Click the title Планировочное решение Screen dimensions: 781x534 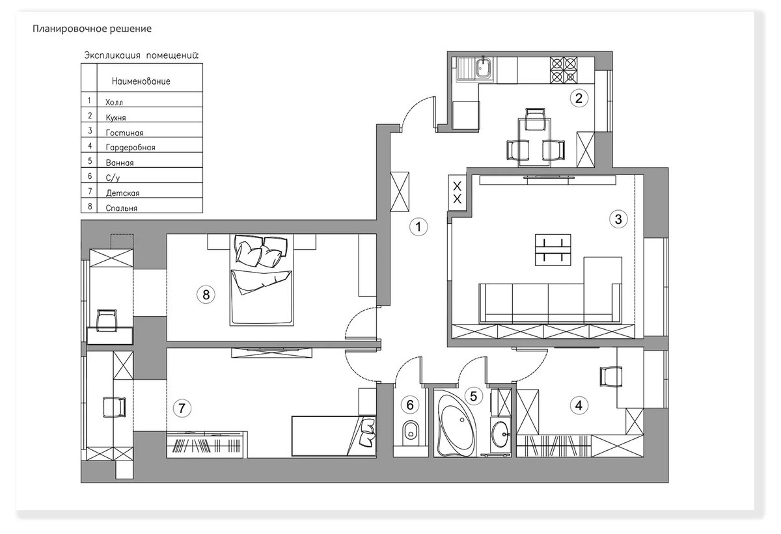(x=92, y=29)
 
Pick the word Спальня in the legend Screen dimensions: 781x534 (x=121, y=208)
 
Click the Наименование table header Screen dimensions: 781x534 (x=141, y=81)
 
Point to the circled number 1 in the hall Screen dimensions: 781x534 (x=418, y=227)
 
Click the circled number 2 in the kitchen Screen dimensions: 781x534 (x=579, y=98)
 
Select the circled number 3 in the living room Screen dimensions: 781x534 (x=618, y=219)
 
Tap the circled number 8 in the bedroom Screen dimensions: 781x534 (x=206, y=295)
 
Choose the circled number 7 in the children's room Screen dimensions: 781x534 (x=182, y=408)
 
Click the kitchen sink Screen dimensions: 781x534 (x=484, y=68)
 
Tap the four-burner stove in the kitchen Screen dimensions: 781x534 (x=564, y=71)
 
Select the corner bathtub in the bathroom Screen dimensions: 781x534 (x=456, y=423)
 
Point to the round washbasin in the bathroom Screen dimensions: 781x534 (x=500, y=434)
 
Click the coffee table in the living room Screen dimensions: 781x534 (x=553, y=250)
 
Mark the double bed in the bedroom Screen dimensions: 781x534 (x=262, y=280)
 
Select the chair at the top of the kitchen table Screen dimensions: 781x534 (x=535, y=119)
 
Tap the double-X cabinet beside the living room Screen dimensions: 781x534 (x=457, y=193)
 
